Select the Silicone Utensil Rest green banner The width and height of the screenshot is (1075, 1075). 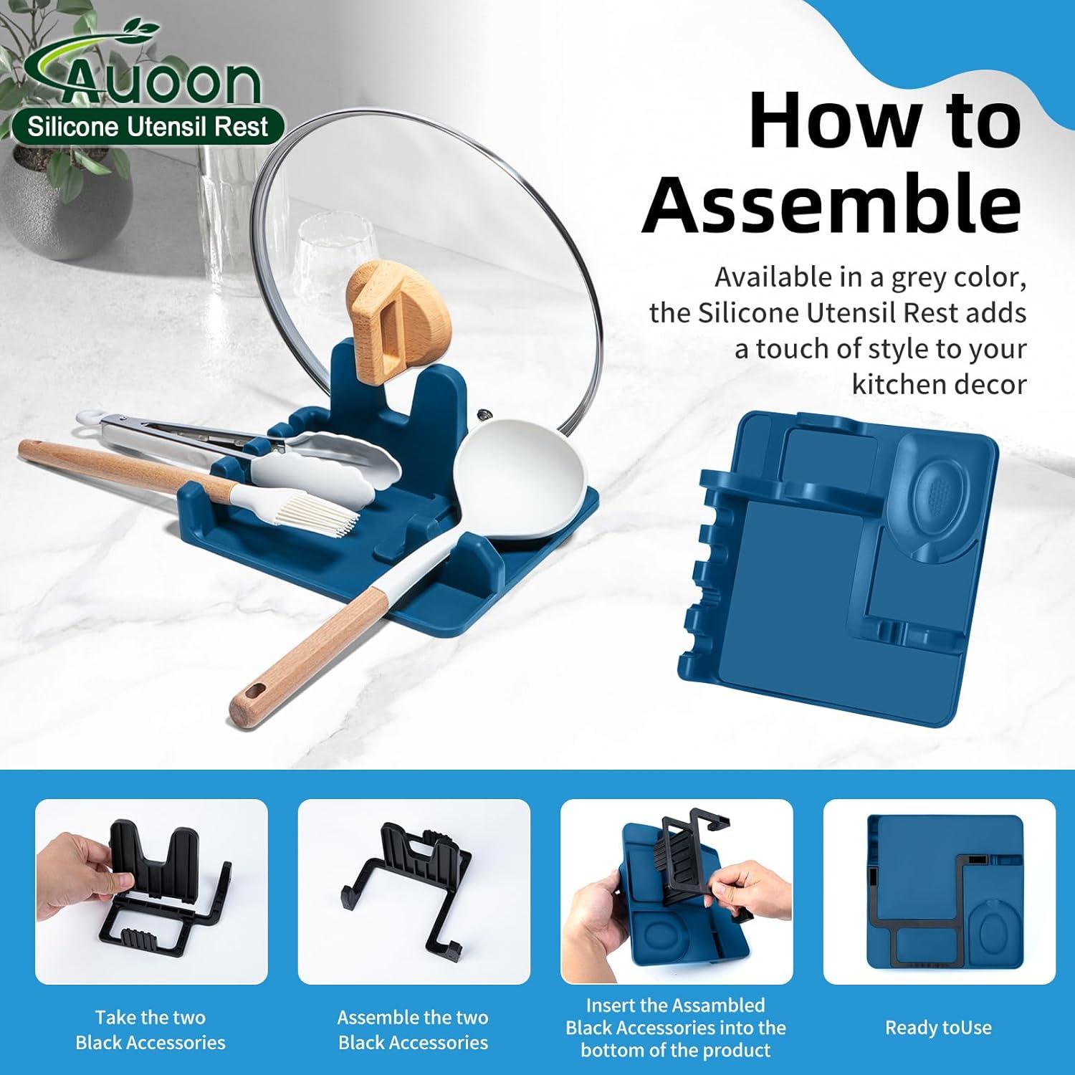tap(148, 128)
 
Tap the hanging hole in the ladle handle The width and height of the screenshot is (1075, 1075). tap(250, 692)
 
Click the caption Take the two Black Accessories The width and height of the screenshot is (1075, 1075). tap(150, 1030)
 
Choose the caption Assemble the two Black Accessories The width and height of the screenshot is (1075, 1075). tap(413, 1030)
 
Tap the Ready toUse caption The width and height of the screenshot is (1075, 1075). tap(938, 1028)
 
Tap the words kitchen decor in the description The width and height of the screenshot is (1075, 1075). tap(939, 385)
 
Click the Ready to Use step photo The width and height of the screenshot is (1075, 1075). tap(939, 892)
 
